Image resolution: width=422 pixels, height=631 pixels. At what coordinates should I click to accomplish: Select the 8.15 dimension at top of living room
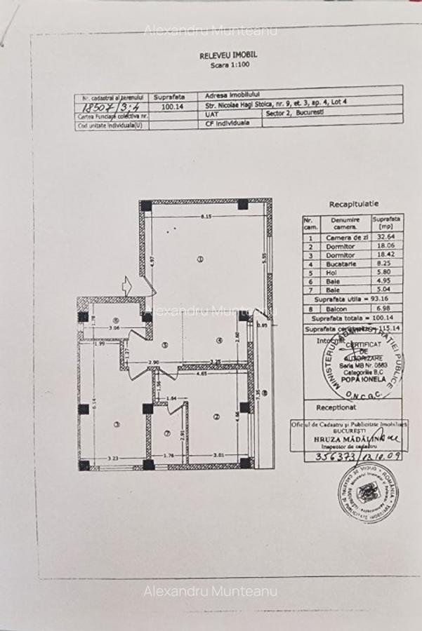(204, 215)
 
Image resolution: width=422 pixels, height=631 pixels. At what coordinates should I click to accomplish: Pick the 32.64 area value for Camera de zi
(386, 237)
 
